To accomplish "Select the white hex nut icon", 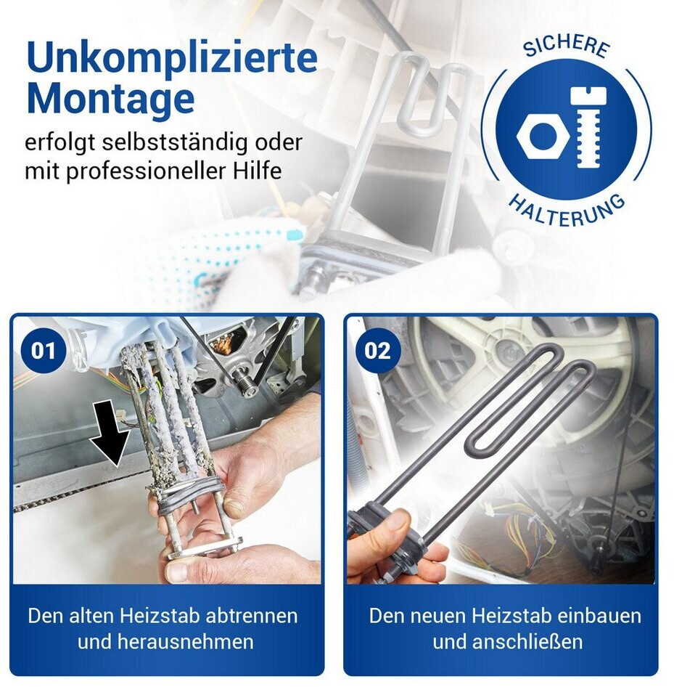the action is (543, 135).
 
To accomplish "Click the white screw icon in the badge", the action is (588, 128).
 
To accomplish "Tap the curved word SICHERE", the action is (567, 46).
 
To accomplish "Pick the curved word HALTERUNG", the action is (567, 211).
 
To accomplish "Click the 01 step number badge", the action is (43, 351).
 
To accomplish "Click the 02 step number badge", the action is (377, 351).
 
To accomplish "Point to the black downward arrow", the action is (110, 432).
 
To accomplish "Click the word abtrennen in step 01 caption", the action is (251, 616).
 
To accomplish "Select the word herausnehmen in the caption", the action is (185, 642).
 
